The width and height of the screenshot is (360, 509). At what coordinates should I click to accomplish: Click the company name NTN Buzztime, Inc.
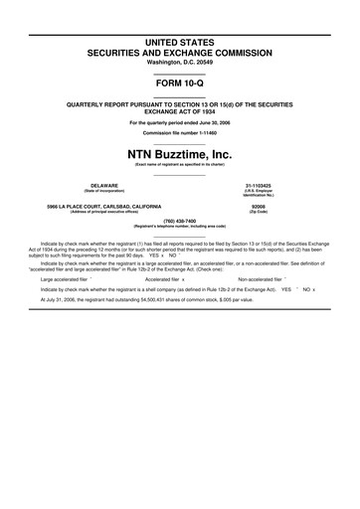click(x=180, y=154)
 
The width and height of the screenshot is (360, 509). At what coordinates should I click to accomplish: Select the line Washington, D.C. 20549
click(x=180, y=63)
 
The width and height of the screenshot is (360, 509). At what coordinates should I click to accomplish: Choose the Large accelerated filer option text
click(x=65, y=280)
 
